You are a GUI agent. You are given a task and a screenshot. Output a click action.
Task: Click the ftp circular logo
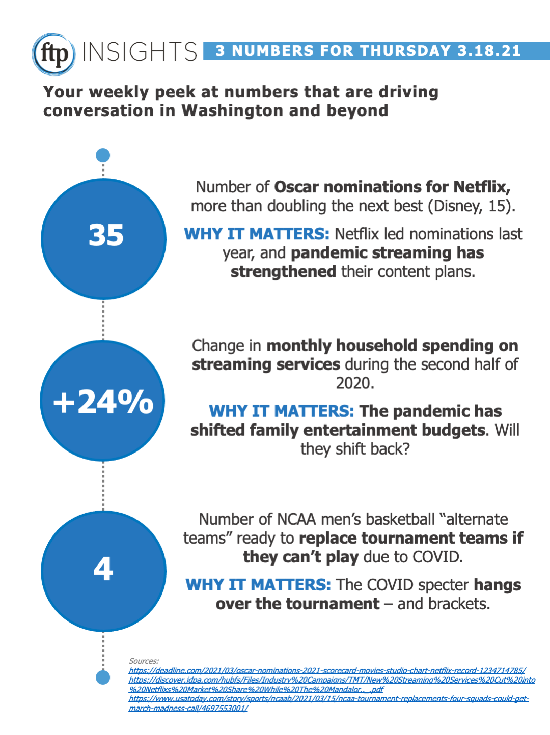click(54, 54)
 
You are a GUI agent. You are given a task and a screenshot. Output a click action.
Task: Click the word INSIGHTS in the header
click(140, 52)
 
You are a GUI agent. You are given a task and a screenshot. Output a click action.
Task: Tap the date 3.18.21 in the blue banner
click(489, 51)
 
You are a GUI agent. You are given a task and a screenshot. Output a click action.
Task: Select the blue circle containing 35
click(104, 238)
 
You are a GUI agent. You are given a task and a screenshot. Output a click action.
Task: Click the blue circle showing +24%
click(103, 401)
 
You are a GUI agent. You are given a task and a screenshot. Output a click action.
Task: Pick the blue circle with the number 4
click(104, 571)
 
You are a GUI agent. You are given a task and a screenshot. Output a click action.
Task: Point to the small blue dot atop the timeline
click(103, 155)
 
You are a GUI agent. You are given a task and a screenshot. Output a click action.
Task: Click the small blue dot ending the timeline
click(103, 677)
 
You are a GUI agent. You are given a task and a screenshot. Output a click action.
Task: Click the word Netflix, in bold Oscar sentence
click(481, 187)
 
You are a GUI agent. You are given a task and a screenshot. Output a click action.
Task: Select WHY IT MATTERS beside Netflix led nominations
click(257, 234)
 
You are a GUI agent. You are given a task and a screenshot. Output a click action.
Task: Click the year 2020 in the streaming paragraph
click(354, 383)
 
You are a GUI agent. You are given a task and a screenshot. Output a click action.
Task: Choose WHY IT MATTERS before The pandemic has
click(281, 411)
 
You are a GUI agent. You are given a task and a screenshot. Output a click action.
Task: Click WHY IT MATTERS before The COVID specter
click(258, 585)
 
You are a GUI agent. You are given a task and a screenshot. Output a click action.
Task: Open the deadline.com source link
click(327, 671)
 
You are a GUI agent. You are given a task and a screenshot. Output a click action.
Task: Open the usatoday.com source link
click(328, 699)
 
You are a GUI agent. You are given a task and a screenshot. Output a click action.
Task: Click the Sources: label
click(144, 661)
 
